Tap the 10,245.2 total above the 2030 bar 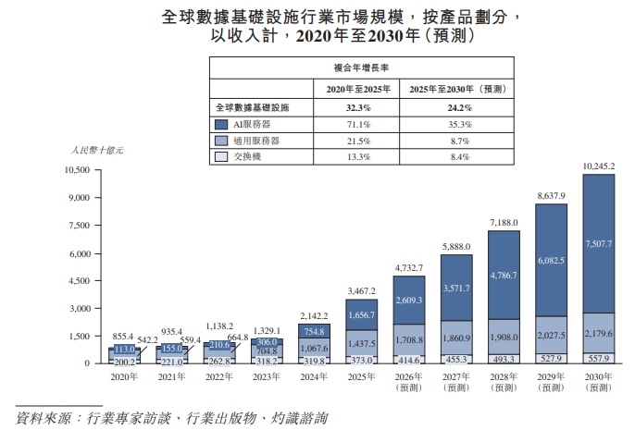click(598, 166)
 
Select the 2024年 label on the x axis click(313, 376)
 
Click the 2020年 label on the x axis click(123, 376)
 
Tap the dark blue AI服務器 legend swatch click(220, 124)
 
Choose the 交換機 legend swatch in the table click(220, 157)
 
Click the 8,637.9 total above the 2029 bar click(550, 196)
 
